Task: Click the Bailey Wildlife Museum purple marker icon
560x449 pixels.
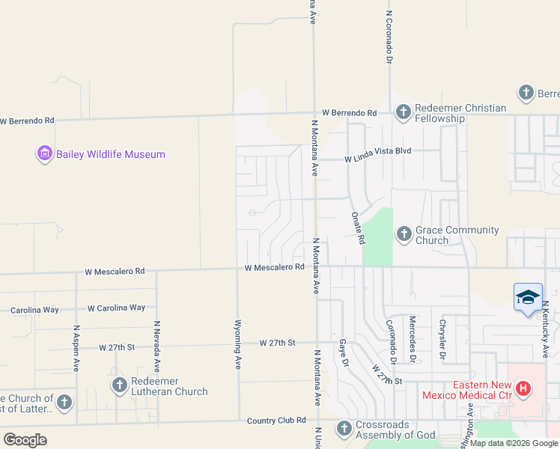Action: coord(44,154)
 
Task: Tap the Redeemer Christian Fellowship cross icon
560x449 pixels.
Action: coord(403,113)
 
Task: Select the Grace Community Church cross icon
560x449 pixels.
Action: coord(404,234)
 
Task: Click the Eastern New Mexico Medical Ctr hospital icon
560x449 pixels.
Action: coord(523,389)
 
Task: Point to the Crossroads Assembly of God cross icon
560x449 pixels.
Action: coord(344,428)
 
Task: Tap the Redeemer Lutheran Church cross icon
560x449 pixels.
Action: coord(119,385)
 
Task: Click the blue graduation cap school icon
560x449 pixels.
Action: coord(528,297)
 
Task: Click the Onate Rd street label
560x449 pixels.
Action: coord(358,227)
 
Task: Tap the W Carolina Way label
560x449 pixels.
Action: coord(116,308)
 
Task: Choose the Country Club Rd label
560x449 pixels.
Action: coord(277,421)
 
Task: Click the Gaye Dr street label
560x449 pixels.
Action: coord(344,351)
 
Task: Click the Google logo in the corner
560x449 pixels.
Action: coord(25,440)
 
